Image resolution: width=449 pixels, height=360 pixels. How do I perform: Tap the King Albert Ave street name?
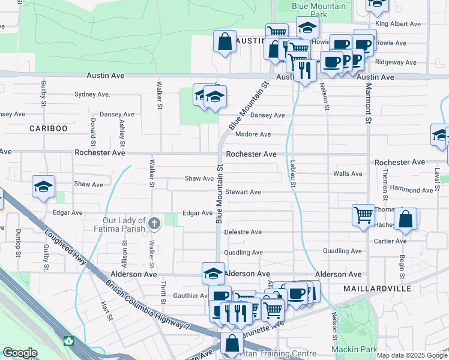pos(398,24)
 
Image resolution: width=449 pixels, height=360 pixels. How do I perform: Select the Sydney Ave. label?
pos(92,94)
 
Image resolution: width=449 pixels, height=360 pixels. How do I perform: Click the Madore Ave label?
pos(253,134)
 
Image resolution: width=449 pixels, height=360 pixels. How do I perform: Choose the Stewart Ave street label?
pos(243,192)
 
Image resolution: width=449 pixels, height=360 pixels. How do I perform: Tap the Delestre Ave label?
pos(243,232)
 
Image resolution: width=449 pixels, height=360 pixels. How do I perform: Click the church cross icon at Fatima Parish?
pos(154,224)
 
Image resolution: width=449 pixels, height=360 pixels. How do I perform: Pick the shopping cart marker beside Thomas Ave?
pos(363,215)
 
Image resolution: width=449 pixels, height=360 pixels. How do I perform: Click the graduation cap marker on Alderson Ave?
pos(213,273)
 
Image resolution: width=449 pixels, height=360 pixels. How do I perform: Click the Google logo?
pos(20,353)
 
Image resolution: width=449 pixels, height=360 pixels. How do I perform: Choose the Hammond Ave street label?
pos(411,190)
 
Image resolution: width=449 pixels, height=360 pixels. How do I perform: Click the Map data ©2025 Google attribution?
pos(411,355)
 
